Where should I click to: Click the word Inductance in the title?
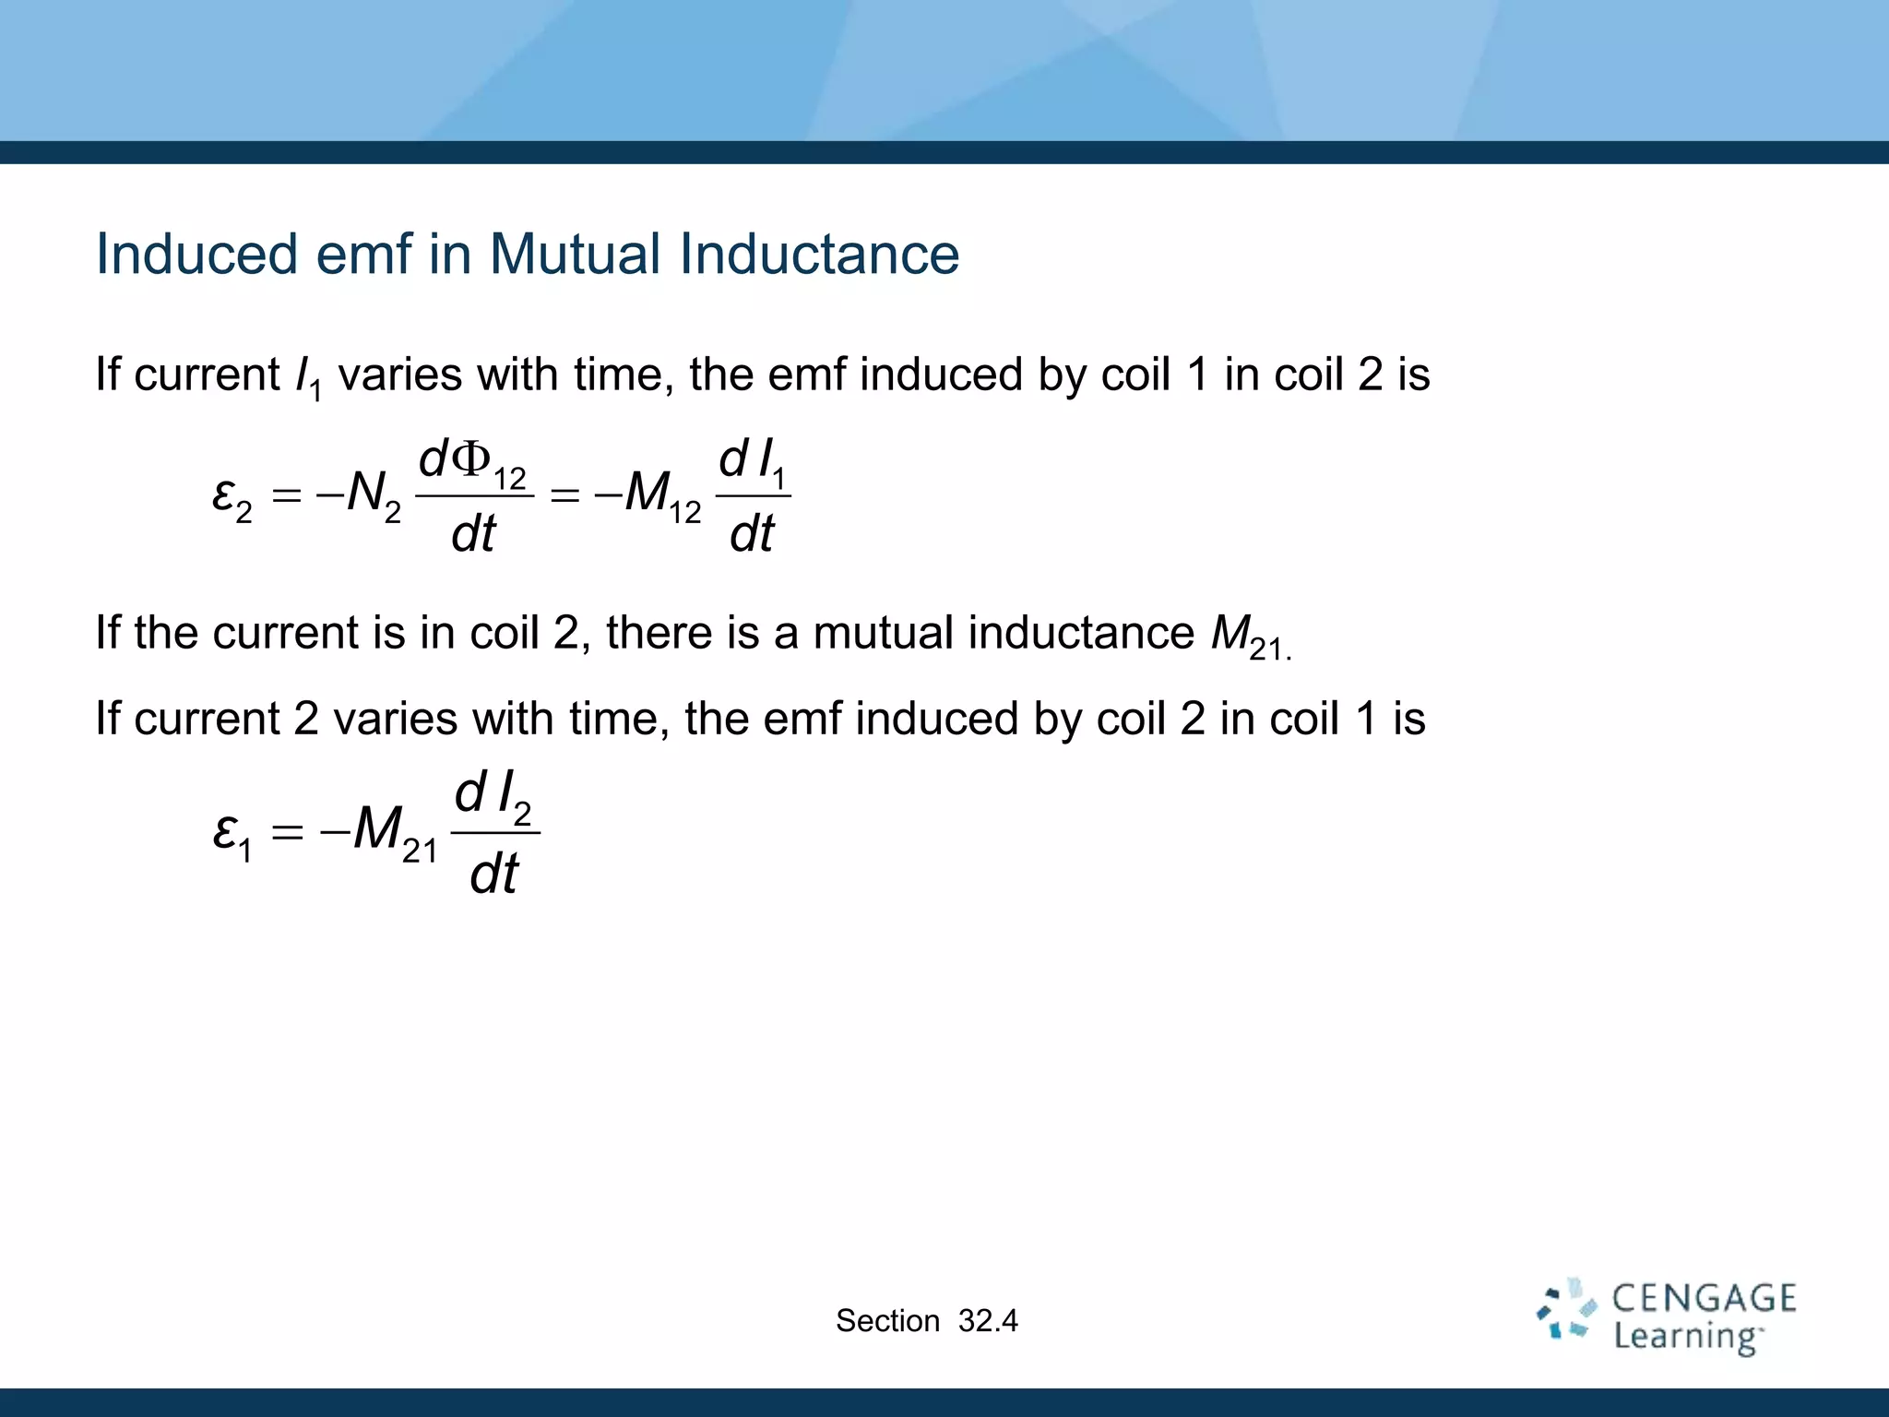819,254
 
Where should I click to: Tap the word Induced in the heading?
196,254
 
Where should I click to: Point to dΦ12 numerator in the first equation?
472,462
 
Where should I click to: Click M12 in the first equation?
662,494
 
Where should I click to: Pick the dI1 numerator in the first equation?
752,462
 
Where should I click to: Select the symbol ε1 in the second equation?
232,833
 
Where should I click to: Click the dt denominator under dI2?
493,874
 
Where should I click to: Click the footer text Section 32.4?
926,1321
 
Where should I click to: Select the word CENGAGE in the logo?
1704,1298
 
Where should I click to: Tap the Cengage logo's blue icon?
1566,1308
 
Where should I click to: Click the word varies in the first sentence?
400,375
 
